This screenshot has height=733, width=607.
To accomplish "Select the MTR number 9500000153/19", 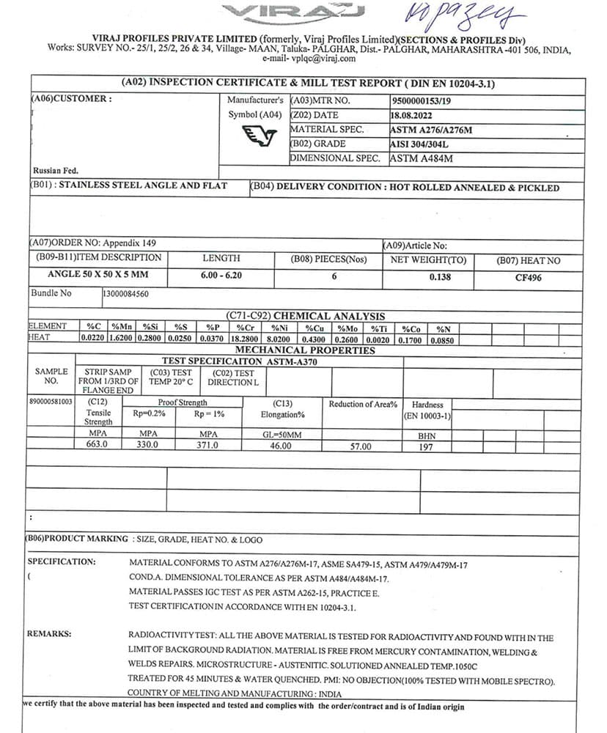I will (422, 100).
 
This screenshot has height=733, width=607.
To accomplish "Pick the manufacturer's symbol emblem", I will (260, 136).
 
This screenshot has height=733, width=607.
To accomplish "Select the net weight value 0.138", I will (440, 277).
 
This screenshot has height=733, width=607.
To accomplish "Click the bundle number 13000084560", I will (127, 293).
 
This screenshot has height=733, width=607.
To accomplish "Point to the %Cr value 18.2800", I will (245, 339).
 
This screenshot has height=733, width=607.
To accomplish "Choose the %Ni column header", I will (279, 328).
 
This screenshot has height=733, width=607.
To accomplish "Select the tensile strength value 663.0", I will (97, 444).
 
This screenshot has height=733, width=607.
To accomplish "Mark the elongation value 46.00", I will (281, 445).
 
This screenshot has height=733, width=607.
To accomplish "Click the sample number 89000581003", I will (51, 402).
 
